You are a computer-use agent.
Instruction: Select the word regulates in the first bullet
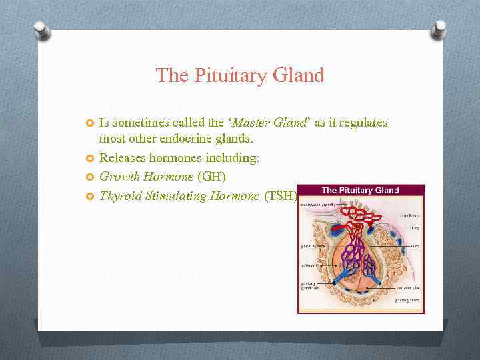point(364,123)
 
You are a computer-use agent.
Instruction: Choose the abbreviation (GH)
point(212,177)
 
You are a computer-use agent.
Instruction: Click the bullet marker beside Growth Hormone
point(91,177)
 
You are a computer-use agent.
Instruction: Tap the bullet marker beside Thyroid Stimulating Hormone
point(91,196)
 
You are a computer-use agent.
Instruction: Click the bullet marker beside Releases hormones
point(91,159)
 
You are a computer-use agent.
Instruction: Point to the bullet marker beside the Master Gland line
point(91,123)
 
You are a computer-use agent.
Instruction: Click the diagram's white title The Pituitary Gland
point(361,190)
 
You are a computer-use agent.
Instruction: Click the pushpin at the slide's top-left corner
point(42,30)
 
